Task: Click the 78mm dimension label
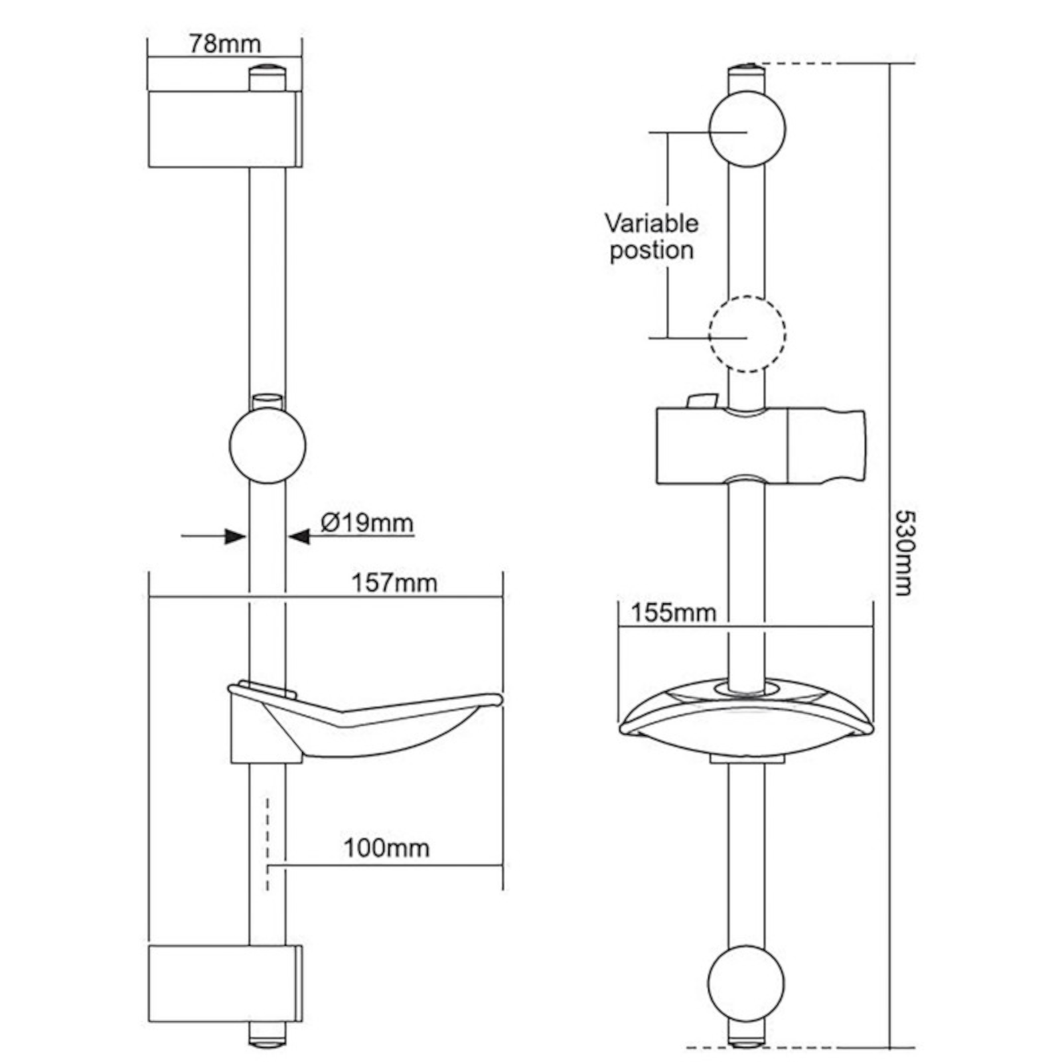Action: point(225,44)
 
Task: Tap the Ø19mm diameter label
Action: point(366,522)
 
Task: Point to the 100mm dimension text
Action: point(386,848)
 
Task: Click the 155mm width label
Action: point(672,612)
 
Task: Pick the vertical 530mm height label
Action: point(905,552)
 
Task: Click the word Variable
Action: point(650,223)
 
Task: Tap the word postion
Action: point(651,251)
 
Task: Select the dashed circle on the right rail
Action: point(747,334)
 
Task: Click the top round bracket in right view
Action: point(747,129)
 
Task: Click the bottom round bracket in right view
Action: point(745,983)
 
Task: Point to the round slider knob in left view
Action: point(267,445)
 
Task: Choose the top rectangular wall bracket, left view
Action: point(224,129)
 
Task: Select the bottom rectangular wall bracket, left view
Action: point(224,984)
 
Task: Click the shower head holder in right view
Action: point(760,446)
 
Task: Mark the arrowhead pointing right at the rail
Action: point(235,536)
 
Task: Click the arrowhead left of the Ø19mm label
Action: point(299,536)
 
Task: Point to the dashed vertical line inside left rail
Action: point(267,843)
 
